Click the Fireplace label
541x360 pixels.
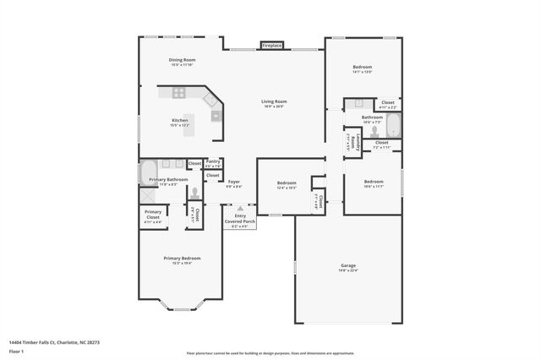271,46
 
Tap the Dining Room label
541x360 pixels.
182,62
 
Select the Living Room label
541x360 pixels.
274,104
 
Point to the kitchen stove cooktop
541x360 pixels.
215,115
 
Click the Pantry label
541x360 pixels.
214,163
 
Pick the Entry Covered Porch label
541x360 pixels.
241,221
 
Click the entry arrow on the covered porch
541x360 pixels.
241,207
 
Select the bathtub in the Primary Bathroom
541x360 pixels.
149,172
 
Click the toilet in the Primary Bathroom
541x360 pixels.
194,193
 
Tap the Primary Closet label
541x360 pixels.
153,215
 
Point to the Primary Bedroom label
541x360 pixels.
182,259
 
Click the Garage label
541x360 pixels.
347,268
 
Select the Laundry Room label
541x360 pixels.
354,143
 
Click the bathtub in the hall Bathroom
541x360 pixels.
393,126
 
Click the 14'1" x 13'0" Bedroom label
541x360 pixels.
362,68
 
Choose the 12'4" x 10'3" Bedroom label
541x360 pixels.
287,184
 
